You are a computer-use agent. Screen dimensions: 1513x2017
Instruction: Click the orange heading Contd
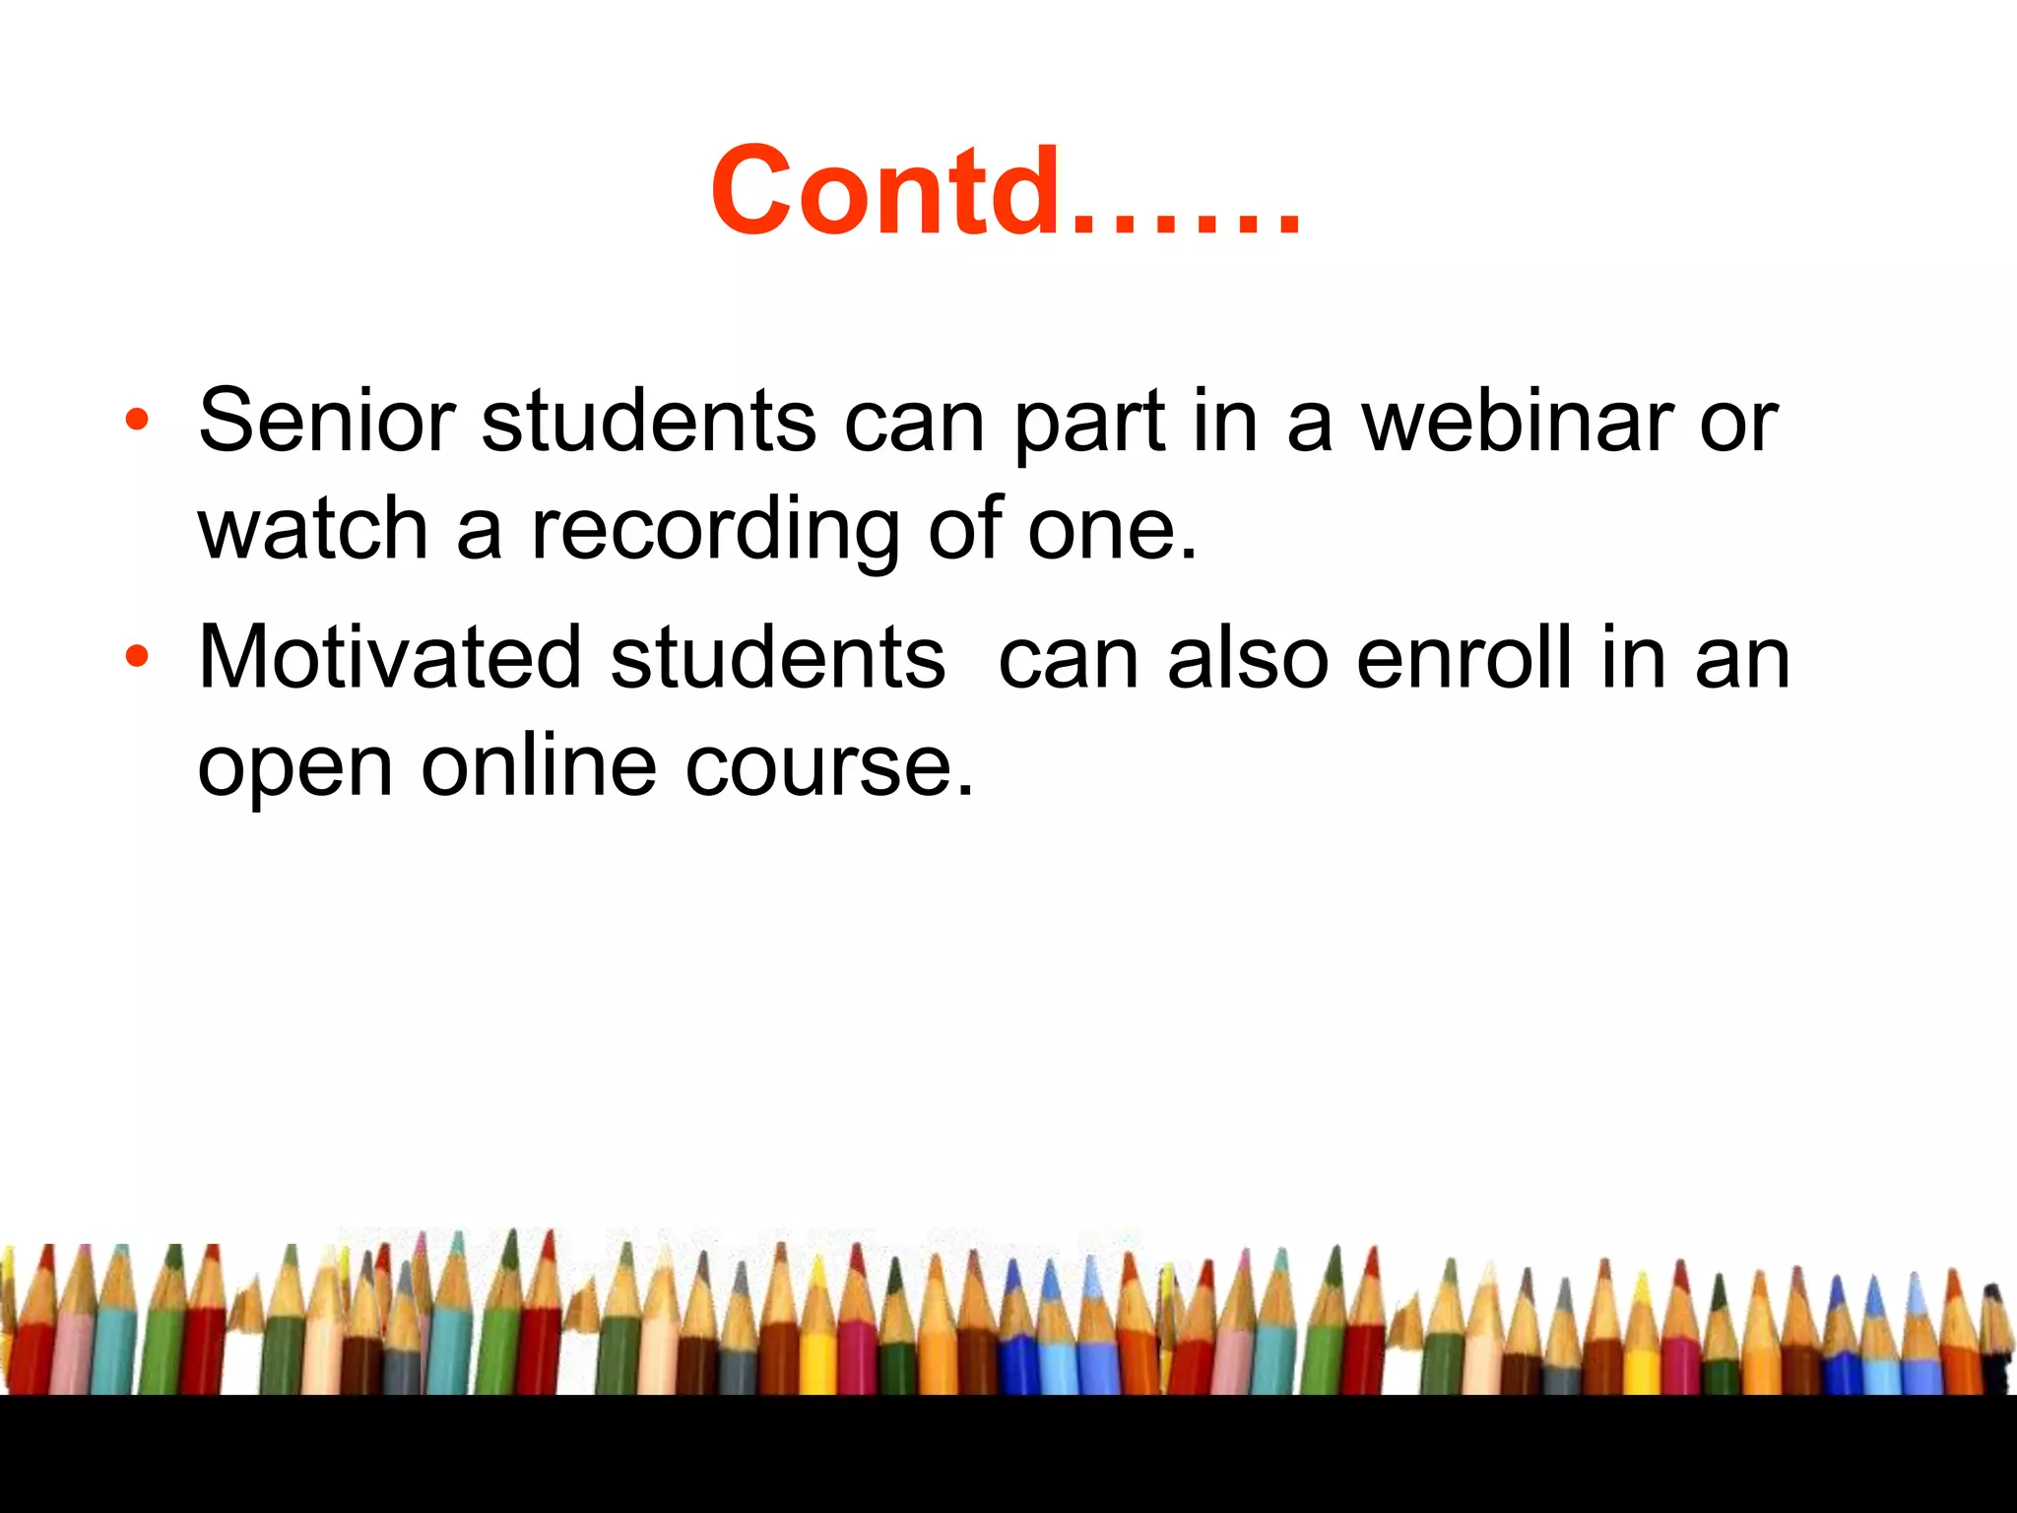1005,192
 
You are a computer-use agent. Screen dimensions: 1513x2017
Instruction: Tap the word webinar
1516,422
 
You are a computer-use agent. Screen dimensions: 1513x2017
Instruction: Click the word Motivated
390,658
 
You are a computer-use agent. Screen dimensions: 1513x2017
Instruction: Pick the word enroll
1464,658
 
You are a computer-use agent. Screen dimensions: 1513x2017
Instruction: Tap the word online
539,766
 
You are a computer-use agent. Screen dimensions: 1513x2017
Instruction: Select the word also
1248,658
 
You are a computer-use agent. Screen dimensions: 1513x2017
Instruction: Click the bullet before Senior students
137,421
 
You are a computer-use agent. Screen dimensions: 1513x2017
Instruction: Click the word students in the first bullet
648,422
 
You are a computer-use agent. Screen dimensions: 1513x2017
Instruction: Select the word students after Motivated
777,658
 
